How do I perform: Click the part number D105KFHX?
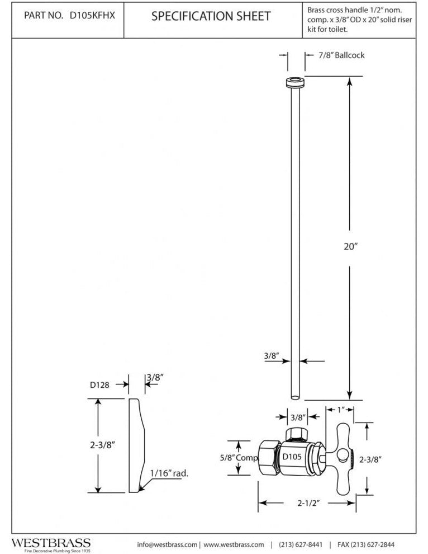92,16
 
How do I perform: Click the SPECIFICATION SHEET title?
211,17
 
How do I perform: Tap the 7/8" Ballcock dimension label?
341,55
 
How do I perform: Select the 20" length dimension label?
350,246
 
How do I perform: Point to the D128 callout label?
99,385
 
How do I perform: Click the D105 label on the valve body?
292,457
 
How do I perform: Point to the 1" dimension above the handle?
341,410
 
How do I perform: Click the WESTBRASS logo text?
51,543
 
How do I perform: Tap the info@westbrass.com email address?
167,544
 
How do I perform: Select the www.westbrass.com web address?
234,544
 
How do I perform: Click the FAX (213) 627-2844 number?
366,544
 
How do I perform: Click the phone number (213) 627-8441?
301,544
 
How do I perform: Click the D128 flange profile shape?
136,445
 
